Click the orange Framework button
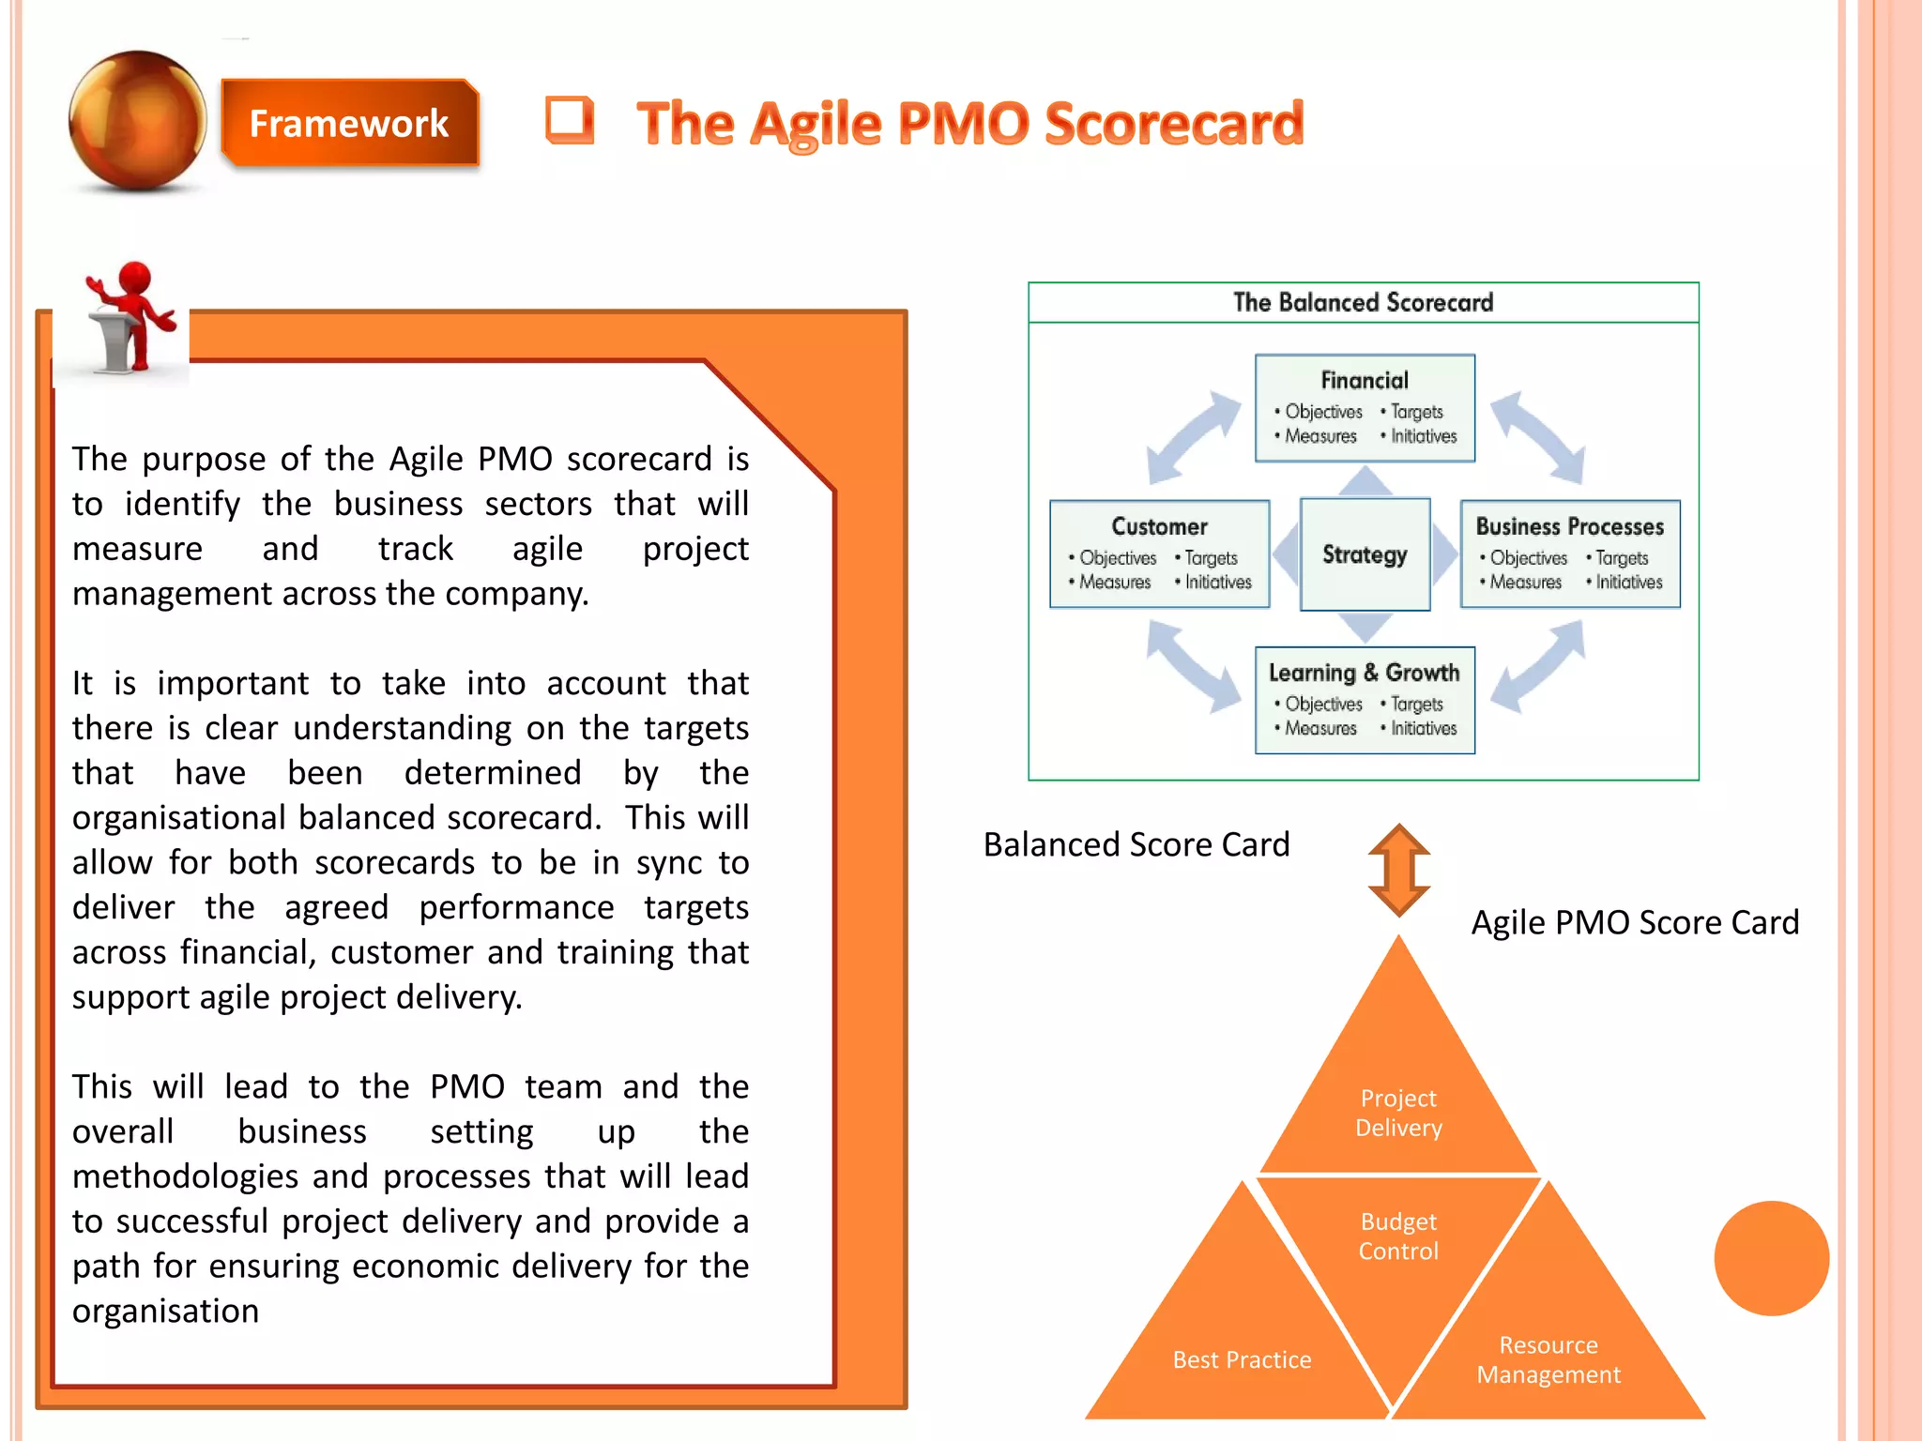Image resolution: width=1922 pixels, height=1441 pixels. (x=349, y=124)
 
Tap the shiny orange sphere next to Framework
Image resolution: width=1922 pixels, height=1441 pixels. (x=138, y=120)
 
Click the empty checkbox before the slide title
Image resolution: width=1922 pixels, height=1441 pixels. (x=570, y=121)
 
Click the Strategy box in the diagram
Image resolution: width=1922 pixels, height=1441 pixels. (x=1365, y=554)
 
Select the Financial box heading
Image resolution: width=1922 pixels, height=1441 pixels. (x=1365, y=380)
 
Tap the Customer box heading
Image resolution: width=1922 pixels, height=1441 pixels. (x=1159, y=526)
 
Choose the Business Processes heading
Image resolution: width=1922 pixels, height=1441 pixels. (x=1569, y=526)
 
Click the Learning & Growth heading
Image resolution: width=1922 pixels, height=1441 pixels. (x=1364, y=673)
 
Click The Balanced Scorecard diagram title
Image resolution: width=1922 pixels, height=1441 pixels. (x=1363, y=302)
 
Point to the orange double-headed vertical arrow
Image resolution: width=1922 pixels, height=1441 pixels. (x=1398, y=870)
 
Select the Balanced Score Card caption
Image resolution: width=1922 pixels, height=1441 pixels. (x=1136, y=844)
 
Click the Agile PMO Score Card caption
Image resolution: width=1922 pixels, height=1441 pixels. (x=1635, y=922)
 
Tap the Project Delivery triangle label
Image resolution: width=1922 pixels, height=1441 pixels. (x=1398, y=1113)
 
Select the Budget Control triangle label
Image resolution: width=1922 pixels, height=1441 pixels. (x=1398, y=1236)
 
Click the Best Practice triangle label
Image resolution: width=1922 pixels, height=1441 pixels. (x=1242, y=1359)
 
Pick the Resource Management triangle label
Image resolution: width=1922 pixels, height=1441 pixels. (x=1548, y=1359)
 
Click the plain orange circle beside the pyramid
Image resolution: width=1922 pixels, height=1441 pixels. (x=1771, y=1258)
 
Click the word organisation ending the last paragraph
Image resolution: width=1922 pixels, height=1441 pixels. (x=165, y=1311)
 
